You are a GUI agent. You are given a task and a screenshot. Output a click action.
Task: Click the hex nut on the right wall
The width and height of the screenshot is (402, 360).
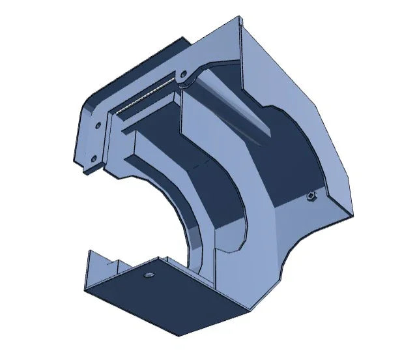(311, 196)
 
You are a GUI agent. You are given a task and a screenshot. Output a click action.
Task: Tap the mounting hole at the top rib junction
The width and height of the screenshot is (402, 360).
(183, 74)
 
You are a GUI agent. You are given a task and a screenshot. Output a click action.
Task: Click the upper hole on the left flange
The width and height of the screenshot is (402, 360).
(98, 123)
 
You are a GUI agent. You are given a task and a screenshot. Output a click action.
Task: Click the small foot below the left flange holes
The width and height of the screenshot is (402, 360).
(88, 171)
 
